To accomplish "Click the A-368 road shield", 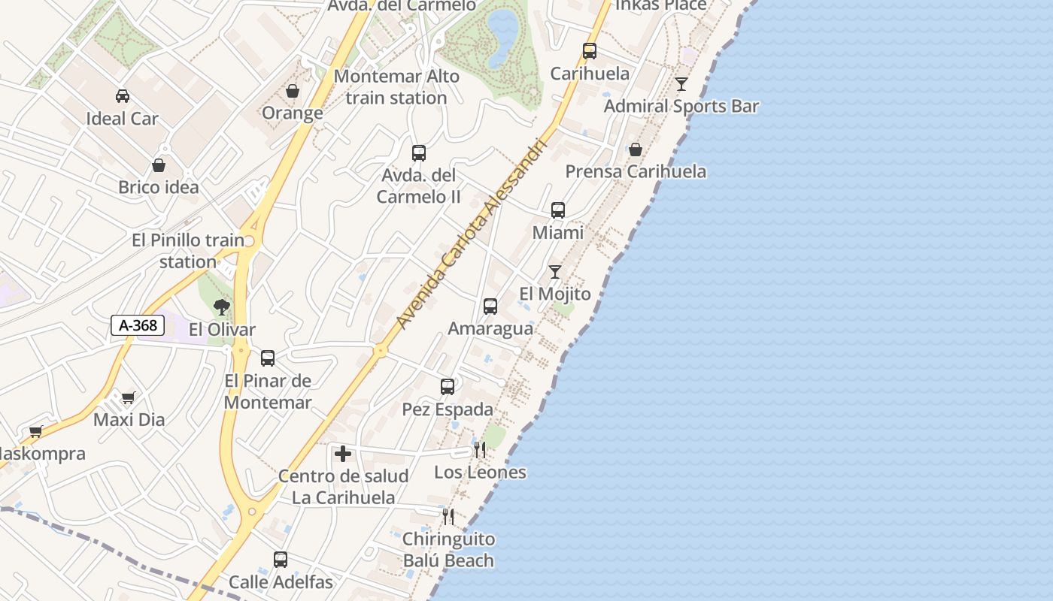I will pos(138,325).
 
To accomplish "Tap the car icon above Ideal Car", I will pos(122,96).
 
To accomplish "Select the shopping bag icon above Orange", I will pos(293,91).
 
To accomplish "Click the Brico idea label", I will pos(159,187).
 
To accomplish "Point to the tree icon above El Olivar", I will pos(222,307).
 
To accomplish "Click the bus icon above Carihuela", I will pos(590,51).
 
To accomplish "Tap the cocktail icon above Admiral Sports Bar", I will pos(681,83).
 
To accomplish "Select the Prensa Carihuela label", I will pos(636,171).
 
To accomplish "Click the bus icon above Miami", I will pos(558,210).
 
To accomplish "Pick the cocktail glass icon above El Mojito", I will pos(555,272).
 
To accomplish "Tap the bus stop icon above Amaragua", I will pos(490,307).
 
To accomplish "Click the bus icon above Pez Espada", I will pos(448,387).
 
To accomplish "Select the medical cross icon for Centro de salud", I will pos(343,454).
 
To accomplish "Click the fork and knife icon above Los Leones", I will pos(480,450).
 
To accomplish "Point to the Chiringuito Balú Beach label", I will pos(448,550).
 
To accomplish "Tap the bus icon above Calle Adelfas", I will pos(281,560).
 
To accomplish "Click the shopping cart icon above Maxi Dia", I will pos(129,397).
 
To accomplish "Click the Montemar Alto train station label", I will pos(396,87).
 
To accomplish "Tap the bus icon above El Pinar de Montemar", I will pos(268,358).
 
